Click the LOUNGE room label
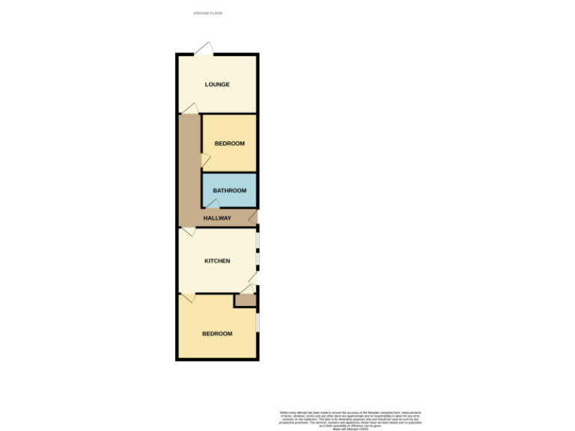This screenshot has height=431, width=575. pyautogui.click(x=217, y=84)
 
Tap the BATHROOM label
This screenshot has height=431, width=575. pyautogui.click(x=229, y=190)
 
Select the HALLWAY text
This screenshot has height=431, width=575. pyautogui.click(x=217, y=218)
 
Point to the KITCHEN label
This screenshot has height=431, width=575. pyautogui.click(x=217, y=261)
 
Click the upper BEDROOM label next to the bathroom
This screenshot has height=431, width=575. pyautogui.click(x=229, y=144)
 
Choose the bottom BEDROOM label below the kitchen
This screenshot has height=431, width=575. pyautogui.click(x=217, y=334)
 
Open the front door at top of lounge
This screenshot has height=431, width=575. pyautogui.click(x=203, y=49)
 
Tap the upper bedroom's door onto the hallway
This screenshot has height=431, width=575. pyautogui.click(x=205, y=158)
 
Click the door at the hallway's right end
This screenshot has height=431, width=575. pyautogui.click(x=254, y=218)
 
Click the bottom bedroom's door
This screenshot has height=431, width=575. pyautogui.click(x=188, y=298)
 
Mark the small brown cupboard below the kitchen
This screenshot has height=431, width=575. pyautogui.click(x=246, y=300)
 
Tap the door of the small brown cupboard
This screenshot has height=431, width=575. pyautogui.click(x=245, y=290)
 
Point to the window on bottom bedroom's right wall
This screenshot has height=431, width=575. pyautogui.click(x=258, y=320)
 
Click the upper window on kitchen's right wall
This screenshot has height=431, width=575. pyautogui.click(x=258, y=239)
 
